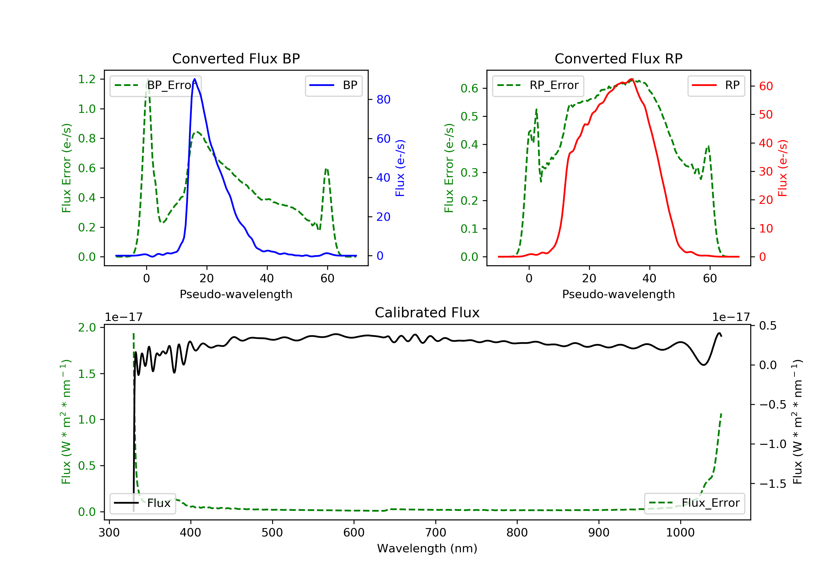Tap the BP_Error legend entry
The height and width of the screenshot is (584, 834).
pos(155,86)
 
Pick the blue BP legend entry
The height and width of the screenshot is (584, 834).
pos(333,86)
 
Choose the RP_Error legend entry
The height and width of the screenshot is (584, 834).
pos(538,86)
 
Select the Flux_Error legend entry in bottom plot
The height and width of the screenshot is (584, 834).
pos(694,503)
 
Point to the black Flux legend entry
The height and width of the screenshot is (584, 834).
pos(143,503)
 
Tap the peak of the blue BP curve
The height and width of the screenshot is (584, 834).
pos(195,79)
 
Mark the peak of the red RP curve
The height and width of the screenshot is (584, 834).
pos(632,79)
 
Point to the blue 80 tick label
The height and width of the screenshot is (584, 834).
pos(383,100)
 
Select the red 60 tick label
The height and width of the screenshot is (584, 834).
pos(766,86)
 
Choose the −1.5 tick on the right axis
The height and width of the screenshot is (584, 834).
pos(773,484)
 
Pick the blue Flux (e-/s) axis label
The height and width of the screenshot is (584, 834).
pos(400,168)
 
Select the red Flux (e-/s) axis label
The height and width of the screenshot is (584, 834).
pos(782,168)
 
